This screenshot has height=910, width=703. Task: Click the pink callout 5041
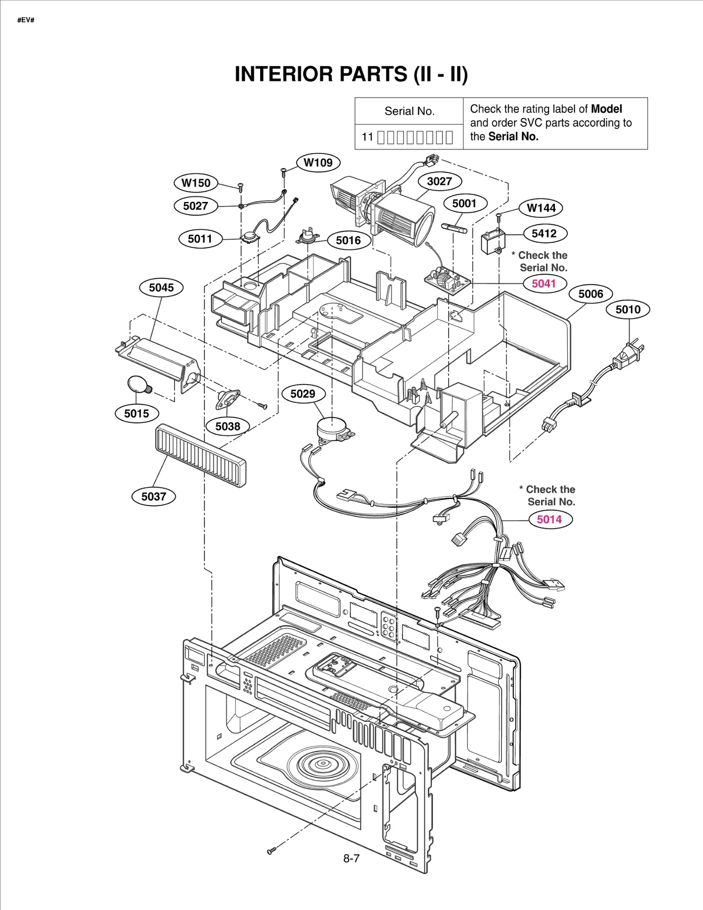click(x=544, y=284)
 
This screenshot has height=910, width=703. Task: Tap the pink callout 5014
click(x=549, y=519)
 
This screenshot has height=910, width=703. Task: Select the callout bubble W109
click(x=318, y=162)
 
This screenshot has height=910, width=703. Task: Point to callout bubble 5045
click(x=161, y=288)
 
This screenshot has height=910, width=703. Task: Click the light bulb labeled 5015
click(x=138, y=385)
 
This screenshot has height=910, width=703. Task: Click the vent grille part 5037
click(x=200, y=455)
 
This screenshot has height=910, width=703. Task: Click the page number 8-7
click(x=351, y=858)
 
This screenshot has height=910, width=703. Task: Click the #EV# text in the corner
click(x=26, y=20)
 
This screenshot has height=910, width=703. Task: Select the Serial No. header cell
click(x=409, y=111)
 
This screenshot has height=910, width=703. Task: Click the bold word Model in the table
click(x=606, y=109)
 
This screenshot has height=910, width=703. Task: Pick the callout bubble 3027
click(x=439, y=181)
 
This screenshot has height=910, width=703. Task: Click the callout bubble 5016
click(x=348, y=240)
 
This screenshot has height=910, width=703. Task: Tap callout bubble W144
click(x=541, y=208)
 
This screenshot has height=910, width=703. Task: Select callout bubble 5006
click(x=591, y=294)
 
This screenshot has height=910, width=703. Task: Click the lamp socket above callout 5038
click(x=228, y=398)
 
